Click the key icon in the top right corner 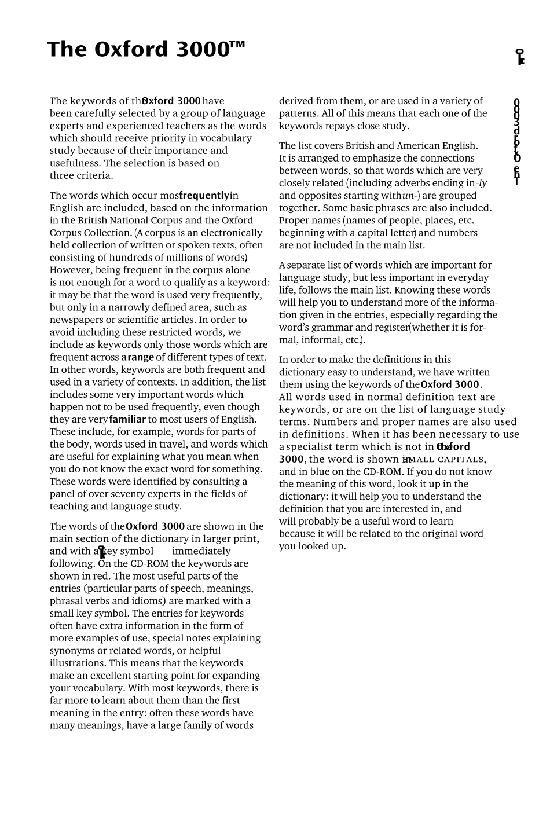pos(520,57)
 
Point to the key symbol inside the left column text pos(102,552)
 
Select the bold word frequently pos(204,196)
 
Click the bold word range pos(141,358)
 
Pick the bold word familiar pos(127,420)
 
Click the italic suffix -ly pos(482,184)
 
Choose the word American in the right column pos(419,146)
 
